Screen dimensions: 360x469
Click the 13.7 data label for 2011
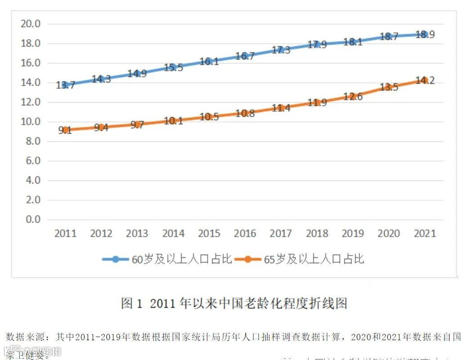[x=65, y=85]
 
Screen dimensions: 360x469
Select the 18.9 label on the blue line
[x=424, y=35]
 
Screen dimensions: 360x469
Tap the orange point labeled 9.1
[x=65, y=130]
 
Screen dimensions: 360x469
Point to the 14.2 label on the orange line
[x=424, y=81]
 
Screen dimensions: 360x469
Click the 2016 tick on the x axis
[x=245, y=234]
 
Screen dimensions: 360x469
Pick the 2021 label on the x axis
[x=424, y=234]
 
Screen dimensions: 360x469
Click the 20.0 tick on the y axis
[x=31, y=24]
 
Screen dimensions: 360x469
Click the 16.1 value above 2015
[x=209, y=62]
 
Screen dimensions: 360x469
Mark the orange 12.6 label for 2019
[x=353, y=97]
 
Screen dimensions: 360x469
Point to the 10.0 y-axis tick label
[x=31, y=122]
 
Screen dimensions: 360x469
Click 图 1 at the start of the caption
[x=131, y=303]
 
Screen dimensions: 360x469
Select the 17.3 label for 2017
[x=281, y=50]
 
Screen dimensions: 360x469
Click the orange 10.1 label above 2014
[x=173, y=121]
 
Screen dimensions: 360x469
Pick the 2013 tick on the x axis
[x=137, y=234]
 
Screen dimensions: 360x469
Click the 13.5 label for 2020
[x=389, y=87]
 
